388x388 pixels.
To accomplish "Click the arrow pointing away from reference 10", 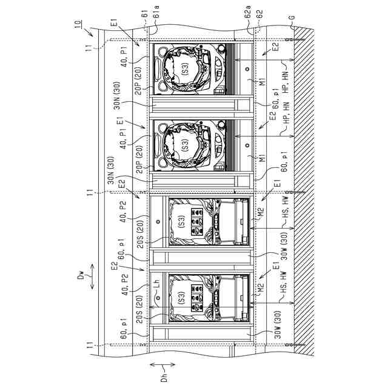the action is pos(88,32).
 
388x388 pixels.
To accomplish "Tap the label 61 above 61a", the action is pos(145,13).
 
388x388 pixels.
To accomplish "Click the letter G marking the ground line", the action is pos(292,18).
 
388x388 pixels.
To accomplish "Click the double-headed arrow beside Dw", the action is pos(92,276).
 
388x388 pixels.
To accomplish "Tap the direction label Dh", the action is pos(164,376).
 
